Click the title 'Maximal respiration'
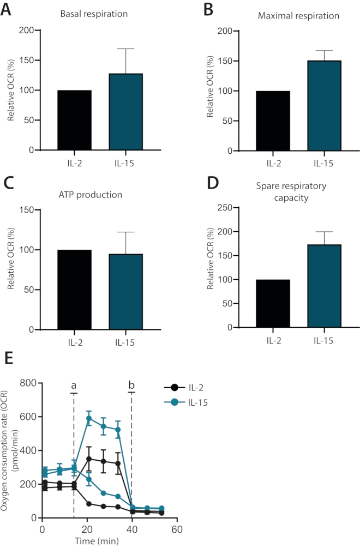(298, 15)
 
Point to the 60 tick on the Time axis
(176, 530)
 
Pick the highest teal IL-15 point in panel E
(88, 419)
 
